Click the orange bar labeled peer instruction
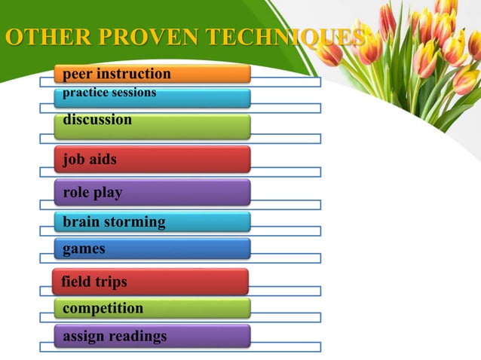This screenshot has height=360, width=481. click(152, 73)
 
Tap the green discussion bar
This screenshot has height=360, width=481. click(152, 125)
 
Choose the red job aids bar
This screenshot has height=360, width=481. click(152, 159)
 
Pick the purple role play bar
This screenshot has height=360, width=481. click(152, 192)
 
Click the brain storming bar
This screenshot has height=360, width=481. click(152, 221)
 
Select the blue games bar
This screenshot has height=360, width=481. click(152, 248)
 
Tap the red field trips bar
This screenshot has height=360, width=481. click(150, 281)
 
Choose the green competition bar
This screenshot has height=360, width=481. click(152, 308)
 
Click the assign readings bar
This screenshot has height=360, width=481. click(152, 336)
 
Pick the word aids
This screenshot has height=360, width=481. click(103, 160)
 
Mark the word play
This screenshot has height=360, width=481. click(109, 193)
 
